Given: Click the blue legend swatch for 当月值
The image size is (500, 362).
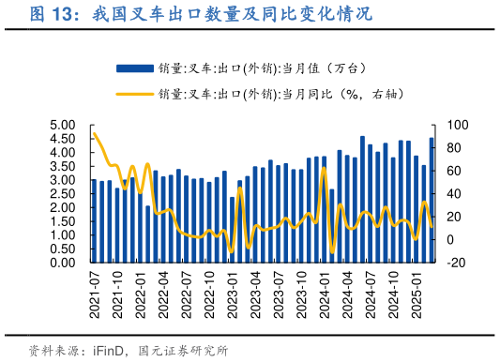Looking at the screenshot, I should [x=135, y=68].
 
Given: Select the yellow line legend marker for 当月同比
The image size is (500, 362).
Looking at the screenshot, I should [x=135, y=94].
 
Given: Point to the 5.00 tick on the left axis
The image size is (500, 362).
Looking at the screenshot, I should [x=62, y=125].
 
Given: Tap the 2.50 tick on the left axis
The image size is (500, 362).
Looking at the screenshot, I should [x=62, y=194].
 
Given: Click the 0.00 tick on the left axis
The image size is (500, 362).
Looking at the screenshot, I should [x=62, y=263].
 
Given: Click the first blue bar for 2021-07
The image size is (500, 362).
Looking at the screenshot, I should [x=93, y=220].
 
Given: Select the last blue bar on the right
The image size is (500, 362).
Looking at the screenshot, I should [x=432, y=201].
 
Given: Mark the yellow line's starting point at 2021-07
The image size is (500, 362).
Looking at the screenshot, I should [x=94, y=133].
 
